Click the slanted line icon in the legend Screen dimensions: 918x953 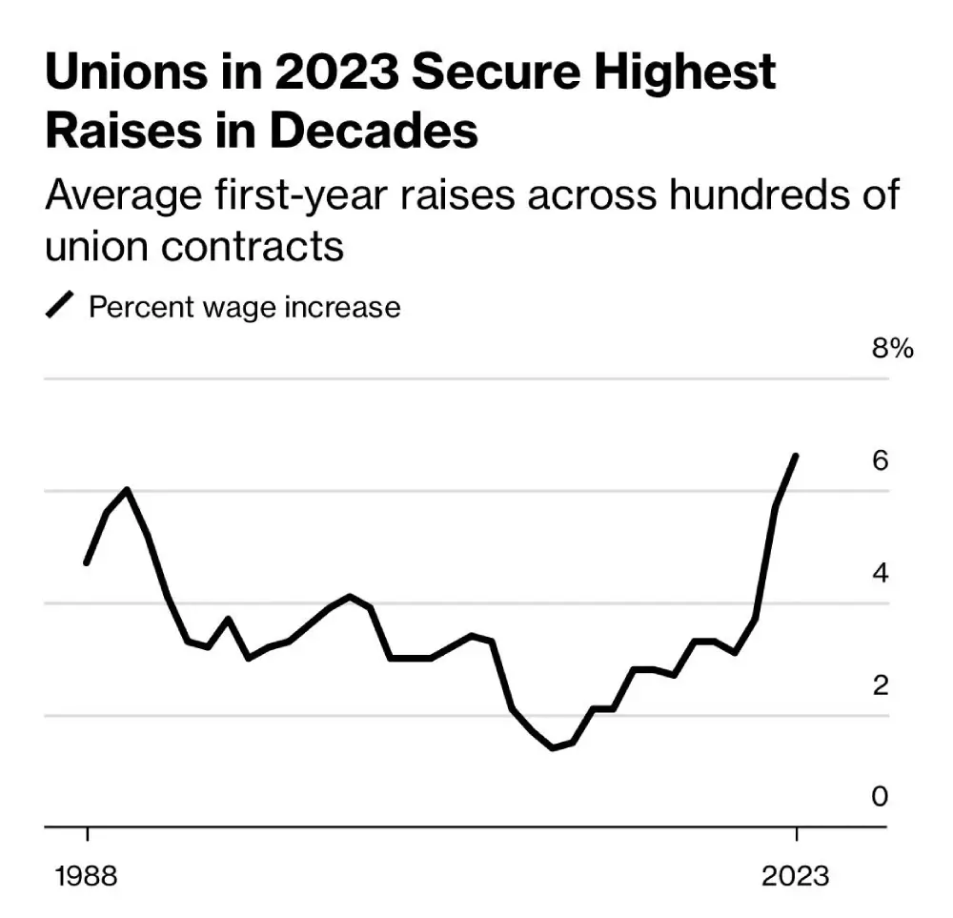coord(60,307)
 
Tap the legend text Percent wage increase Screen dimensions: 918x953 coord(244,307)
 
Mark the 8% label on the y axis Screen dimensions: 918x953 coord(892,348)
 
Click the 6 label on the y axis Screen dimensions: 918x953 coord(880,460)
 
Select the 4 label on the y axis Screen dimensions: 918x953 coord(880,573)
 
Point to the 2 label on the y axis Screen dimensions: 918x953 coord(880,684)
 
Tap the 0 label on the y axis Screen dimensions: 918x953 coord(880,796)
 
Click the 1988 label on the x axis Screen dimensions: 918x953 coord(87,875)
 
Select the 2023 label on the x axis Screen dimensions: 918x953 coord(796,875)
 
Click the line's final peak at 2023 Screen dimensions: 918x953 coord(796,456)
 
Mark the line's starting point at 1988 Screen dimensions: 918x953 coord(87,562)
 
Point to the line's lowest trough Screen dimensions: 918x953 coord(553,748)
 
